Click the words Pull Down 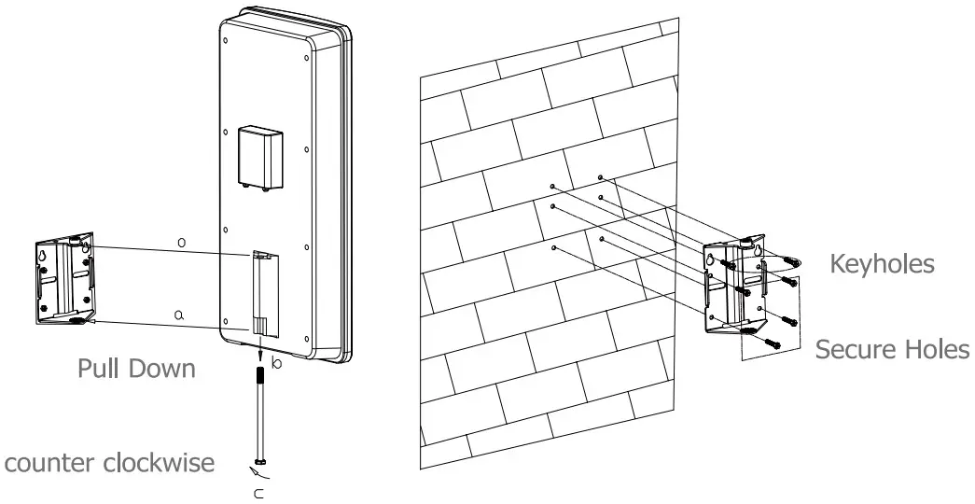point(135,368)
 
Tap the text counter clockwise point(110,463)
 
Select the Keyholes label point(882,264)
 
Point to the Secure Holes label point(892,349)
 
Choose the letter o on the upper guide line point(183,243)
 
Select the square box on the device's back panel point(259,158)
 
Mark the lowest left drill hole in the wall point(554,248)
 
